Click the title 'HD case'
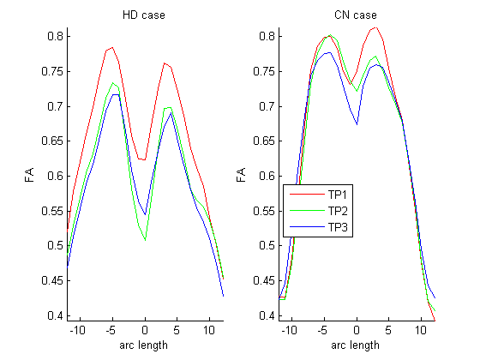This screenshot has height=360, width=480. (145, 16)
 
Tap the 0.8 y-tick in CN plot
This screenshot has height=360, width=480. (265, 36)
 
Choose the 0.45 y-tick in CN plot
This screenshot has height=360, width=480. (263, 281)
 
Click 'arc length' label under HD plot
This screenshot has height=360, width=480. (145, 345)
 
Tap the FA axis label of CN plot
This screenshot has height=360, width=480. (242, 175)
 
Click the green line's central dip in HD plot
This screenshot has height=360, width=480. (145, 240)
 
